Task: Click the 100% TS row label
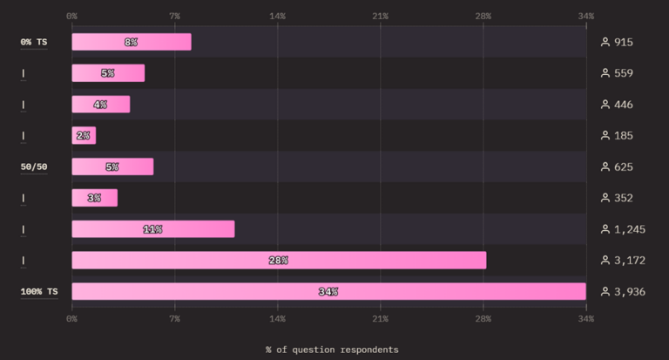[x=39, y=292]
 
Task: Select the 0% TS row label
[x=34, y=42]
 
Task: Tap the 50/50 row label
[x=34, y=167]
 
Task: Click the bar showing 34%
[x=329, y=292]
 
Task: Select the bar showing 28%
[x=279, y=261]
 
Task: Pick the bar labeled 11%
[x=153, y=229]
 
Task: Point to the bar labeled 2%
[x=84, y=136]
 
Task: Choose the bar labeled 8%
[x=132, y=42]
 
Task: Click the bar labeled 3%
[x=95, y=198]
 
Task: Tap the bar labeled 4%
[x=101, y=105]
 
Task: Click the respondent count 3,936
[x=630, y=292]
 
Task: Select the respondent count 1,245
[x=630, y=230]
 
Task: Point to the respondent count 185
[x=624, y=136]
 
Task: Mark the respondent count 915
[x=624, y=43]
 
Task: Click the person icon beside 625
[x=605, y=167]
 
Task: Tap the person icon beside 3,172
[x=605, y=261]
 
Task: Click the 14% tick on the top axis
[x=277, y=17]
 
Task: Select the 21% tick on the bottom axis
[x=380, y=319]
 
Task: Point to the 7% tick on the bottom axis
[x=174, y=319]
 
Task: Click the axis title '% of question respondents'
[x=332, y=350]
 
